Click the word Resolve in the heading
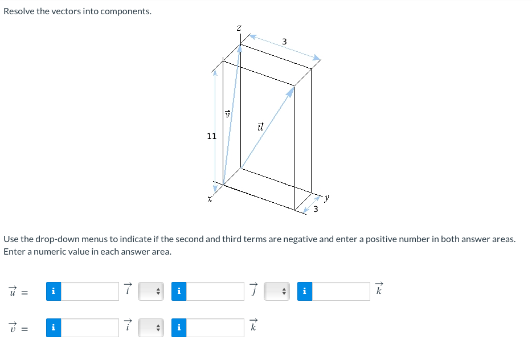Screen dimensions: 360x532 click(x=19, y=11)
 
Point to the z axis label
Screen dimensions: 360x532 click(x=239, y=27)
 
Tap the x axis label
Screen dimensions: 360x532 click(x=210, y=199)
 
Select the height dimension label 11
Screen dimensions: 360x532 click(x=211, y=136)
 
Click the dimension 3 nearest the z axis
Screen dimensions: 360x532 click(x=284, y=41)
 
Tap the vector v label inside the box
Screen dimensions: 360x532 click(x=227, y=114)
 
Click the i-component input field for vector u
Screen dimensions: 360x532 click(x=89, y=292)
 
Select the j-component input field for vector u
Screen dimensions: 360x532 click(x=215, y=292)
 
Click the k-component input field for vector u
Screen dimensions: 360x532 click(x=341, y=292)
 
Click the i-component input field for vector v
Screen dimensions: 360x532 click(x=89, y=328)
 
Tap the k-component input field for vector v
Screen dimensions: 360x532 click(x=215, y=328)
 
